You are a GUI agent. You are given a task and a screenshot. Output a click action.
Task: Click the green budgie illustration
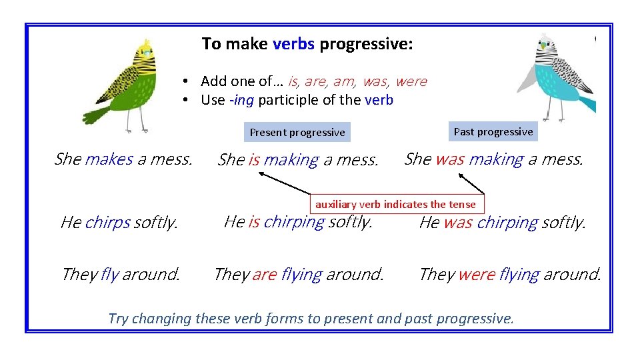[x=130, y=83]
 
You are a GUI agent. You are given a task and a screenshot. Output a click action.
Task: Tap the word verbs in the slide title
[x=293, y=45]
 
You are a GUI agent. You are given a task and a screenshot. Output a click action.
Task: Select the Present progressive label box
[x=297, y=132]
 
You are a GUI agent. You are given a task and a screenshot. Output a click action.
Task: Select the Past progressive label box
[x=493, y=131]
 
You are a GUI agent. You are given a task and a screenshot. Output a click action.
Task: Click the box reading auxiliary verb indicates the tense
[x=395, y=204]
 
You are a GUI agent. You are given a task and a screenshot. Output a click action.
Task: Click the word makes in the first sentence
[x=109, y=159]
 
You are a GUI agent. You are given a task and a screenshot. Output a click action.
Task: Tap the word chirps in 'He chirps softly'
[x=107, y=223]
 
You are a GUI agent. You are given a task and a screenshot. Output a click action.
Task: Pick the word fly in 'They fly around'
[x=109, y=274]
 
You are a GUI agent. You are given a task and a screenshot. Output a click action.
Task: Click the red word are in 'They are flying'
[x=264, y=274]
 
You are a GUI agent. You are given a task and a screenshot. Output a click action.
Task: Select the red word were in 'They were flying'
[x=477, y=274]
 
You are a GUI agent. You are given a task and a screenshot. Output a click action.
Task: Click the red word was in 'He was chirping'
[x=457, y=223]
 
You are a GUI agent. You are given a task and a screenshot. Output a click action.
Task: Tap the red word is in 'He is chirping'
[x=254, y=221]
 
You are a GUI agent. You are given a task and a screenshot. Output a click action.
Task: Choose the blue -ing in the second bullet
[x=241, y=100]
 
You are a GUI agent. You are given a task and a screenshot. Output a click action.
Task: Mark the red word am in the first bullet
[x=344, y=81]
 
